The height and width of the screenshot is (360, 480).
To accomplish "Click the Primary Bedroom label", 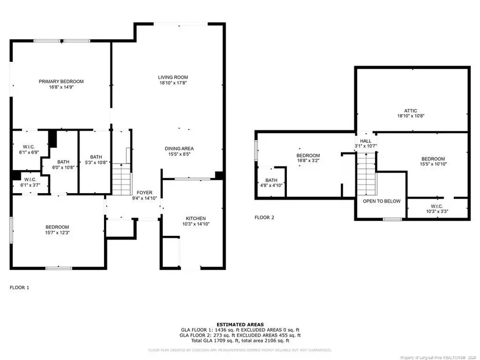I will pos(61,82).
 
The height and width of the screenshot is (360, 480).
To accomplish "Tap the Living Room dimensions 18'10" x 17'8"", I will pos(172,83).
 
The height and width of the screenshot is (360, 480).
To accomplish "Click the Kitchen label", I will pos(196,218).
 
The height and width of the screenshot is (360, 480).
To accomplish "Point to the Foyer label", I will pos(145,193).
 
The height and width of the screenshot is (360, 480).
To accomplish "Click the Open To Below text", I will pos(382,201).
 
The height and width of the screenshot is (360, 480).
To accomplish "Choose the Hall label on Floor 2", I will pos(365,141).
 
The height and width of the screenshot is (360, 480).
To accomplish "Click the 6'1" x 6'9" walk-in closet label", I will pos(28,148).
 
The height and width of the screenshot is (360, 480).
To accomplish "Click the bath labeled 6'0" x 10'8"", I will pos(63,162).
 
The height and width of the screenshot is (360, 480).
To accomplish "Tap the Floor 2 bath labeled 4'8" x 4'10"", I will pos(271,180).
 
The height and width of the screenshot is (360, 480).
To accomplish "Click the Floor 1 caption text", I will pos(20,287).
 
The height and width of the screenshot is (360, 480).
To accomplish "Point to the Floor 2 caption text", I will pos(264,217).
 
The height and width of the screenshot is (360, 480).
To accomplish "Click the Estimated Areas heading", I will pos(239,324).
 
